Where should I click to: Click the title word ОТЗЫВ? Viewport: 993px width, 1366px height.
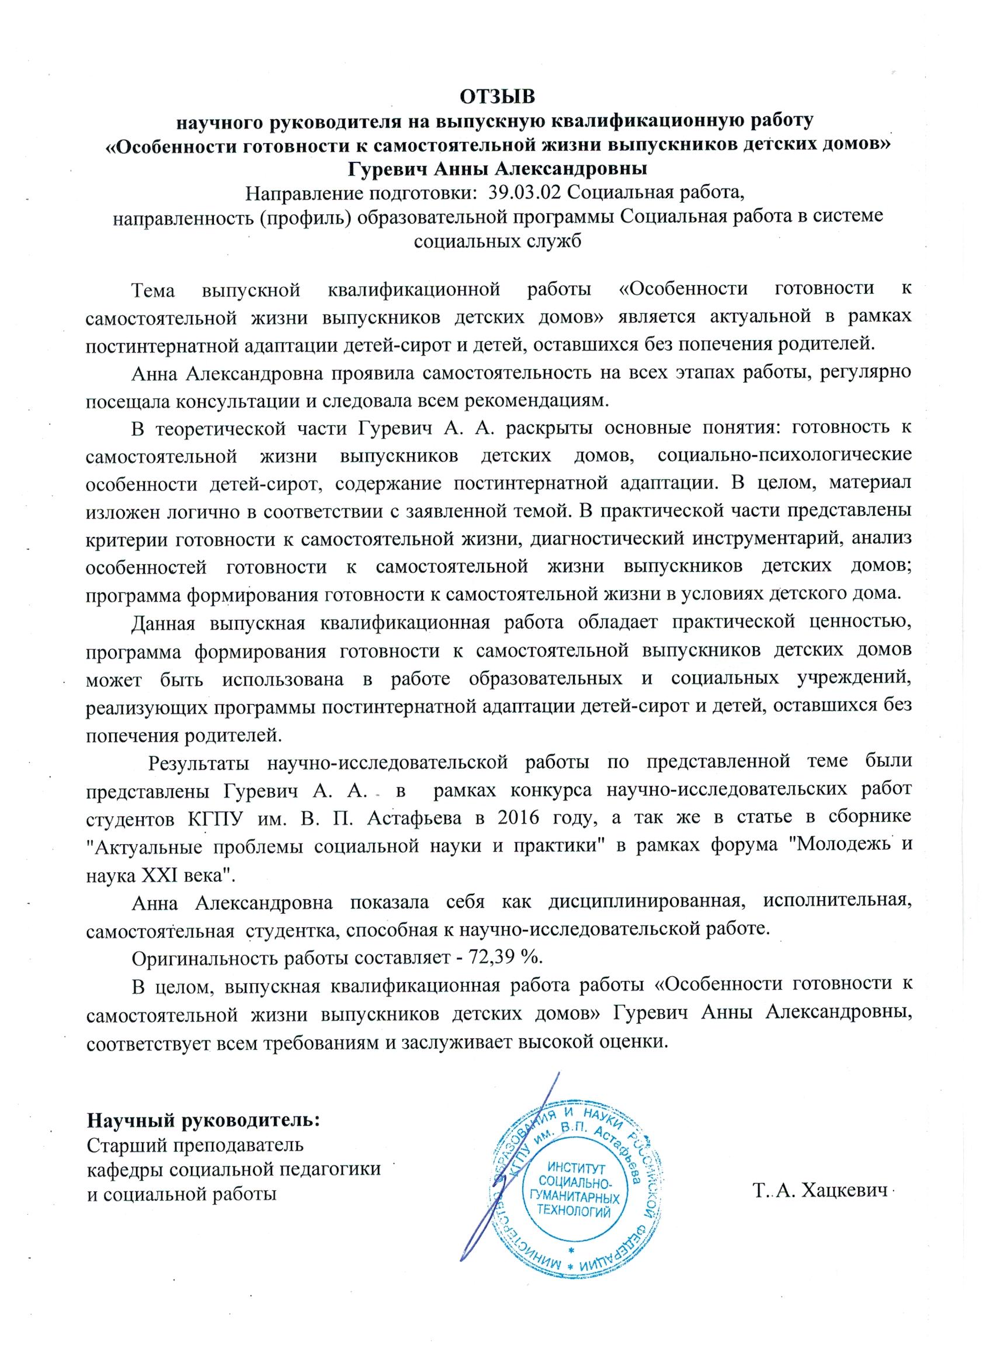coord(498,96)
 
